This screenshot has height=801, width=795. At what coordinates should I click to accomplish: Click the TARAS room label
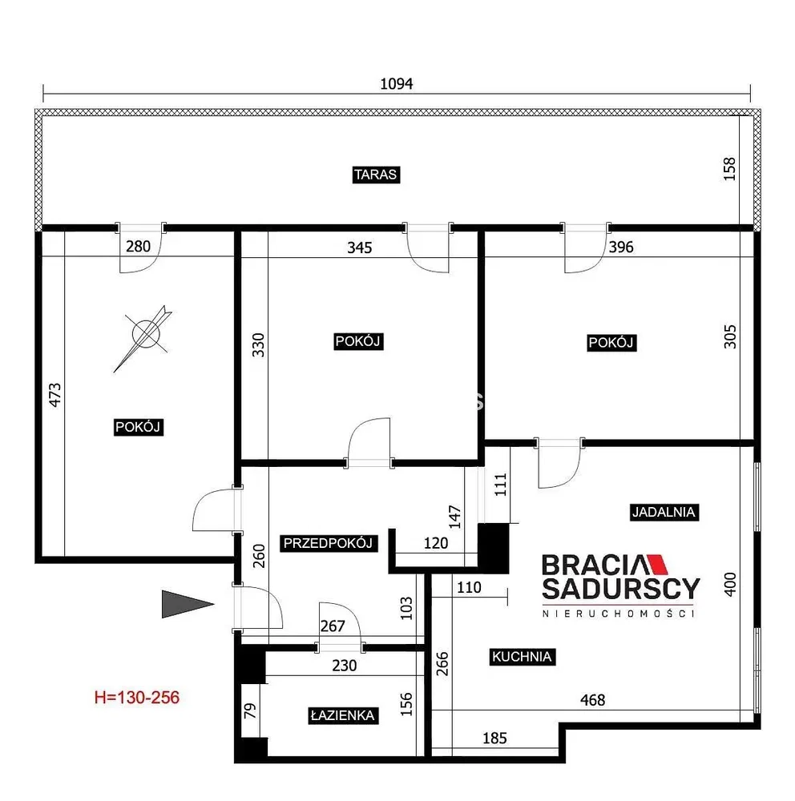pos(376,175)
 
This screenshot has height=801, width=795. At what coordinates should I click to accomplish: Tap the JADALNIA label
pos(664,512)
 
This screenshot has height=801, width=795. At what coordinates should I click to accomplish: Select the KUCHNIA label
pos(522,657)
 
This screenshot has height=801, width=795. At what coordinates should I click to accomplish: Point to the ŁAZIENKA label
pos(342,715)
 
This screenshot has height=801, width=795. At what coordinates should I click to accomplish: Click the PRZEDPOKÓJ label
pos(328,543)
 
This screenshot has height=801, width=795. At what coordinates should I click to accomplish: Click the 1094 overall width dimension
pos(396,84)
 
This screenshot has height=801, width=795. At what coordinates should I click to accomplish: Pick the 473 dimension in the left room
pos(54,395)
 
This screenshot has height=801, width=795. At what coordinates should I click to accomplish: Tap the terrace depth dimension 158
pos(729,168)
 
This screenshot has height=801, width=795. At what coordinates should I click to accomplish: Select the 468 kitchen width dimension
pos(592,700)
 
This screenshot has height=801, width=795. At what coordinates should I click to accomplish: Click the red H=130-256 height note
pos(137,698)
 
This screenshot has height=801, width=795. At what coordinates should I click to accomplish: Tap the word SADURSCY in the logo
pos(620,589)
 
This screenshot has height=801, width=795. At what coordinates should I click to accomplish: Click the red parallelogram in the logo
pos(657,565)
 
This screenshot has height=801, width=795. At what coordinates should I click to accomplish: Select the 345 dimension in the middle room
pos(359,248)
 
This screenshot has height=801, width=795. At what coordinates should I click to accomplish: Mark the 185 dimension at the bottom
pos(494,739)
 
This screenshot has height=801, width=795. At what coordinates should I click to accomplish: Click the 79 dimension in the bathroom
pos(250,710)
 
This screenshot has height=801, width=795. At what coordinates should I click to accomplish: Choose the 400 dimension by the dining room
pos(730,585)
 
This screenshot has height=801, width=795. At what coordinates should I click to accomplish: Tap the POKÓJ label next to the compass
pos(138,427)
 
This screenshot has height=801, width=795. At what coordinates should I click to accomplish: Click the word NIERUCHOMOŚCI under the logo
pos(619,614)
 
